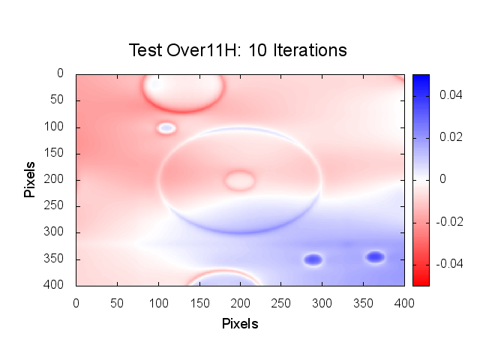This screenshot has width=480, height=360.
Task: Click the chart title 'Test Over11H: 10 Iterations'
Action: click(238, 50)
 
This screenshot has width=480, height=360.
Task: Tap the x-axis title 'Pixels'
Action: click(240, 324)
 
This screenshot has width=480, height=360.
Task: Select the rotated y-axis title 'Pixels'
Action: click(29, 179)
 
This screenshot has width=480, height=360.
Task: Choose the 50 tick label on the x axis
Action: click(116, 301)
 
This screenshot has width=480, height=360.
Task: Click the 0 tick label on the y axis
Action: click(61, 73)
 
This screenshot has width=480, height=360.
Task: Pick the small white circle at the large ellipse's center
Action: click(239, 180)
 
